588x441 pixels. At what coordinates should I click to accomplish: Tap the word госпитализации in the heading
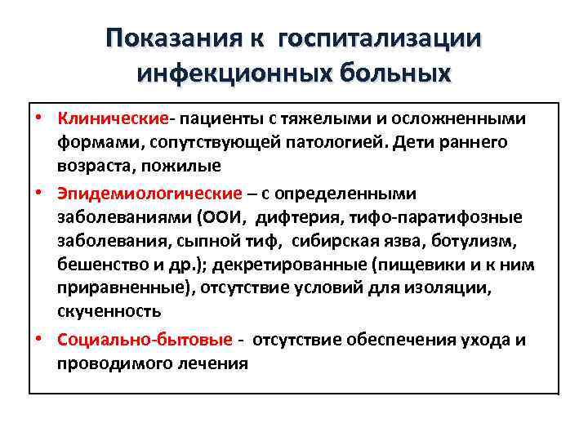(x=381, y=38)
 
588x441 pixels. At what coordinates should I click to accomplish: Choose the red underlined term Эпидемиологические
(x=150, y=194)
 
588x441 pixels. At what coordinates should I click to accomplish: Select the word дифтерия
(x=297, y=216)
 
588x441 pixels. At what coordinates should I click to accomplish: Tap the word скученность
(x=109, y=311)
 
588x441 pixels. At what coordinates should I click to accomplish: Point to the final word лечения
(x=210, y=363)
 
